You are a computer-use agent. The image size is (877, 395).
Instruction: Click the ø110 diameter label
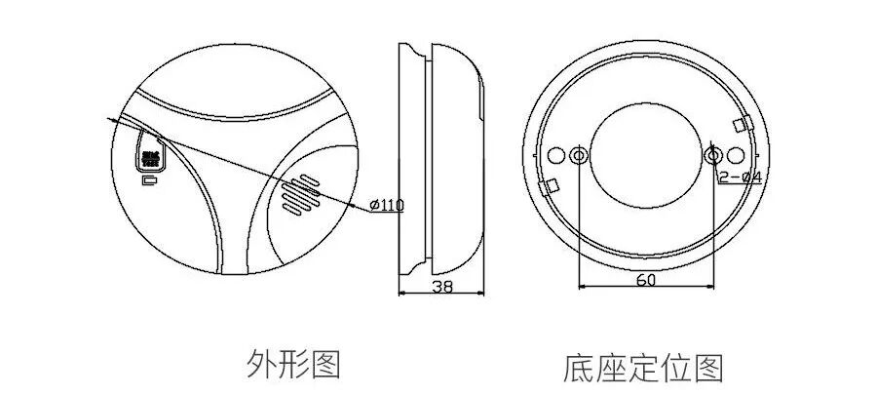(389, 205)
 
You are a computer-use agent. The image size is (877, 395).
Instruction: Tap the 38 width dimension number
(442, 286)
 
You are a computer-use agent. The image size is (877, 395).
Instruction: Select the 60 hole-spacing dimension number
(646, 279)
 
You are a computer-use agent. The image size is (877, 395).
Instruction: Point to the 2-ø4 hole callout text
(740, 177)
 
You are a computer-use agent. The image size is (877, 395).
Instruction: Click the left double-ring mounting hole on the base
(579, 156)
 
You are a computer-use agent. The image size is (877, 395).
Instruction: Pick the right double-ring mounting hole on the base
(713, 156)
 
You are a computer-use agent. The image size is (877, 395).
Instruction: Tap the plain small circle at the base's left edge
(556, 156)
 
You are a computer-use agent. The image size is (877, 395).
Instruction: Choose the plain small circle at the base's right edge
(738, 156)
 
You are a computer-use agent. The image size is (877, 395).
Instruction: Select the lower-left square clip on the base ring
(551, 185)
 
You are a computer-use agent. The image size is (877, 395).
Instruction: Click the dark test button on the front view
(149, 156)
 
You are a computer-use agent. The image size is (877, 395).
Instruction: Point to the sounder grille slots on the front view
(300, 196)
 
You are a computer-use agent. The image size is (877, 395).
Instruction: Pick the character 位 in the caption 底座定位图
(678, 369)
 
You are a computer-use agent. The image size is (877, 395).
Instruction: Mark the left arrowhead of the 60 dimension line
(583, 286)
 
